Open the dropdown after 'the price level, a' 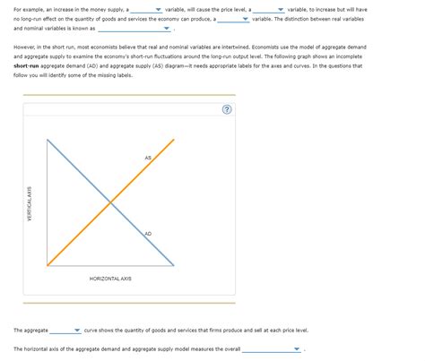click(x=269, y=8)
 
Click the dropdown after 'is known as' click(x=134, y=28)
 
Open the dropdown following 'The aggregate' click(x=66, y=330)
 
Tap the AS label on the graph click(x=148, y=159)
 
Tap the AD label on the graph click(x=148, y=234)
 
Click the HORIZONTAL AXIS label click(x=110, y=279)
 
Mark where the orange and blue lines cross click(x=110, y=202)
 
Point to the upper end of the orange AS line click(x=172, y=142)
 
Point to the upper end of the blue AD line click(x=48, y=142)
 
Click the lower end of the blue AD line click(x=172, y=265)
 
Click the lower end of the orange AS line click(x=48, y=265)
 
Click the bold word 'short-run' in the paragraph click(x=31, y=65)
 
